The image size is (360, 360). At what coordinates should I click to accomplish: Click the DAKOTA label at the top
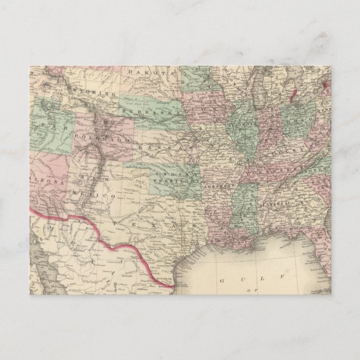pyautogui.click(x=144, y=73)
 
